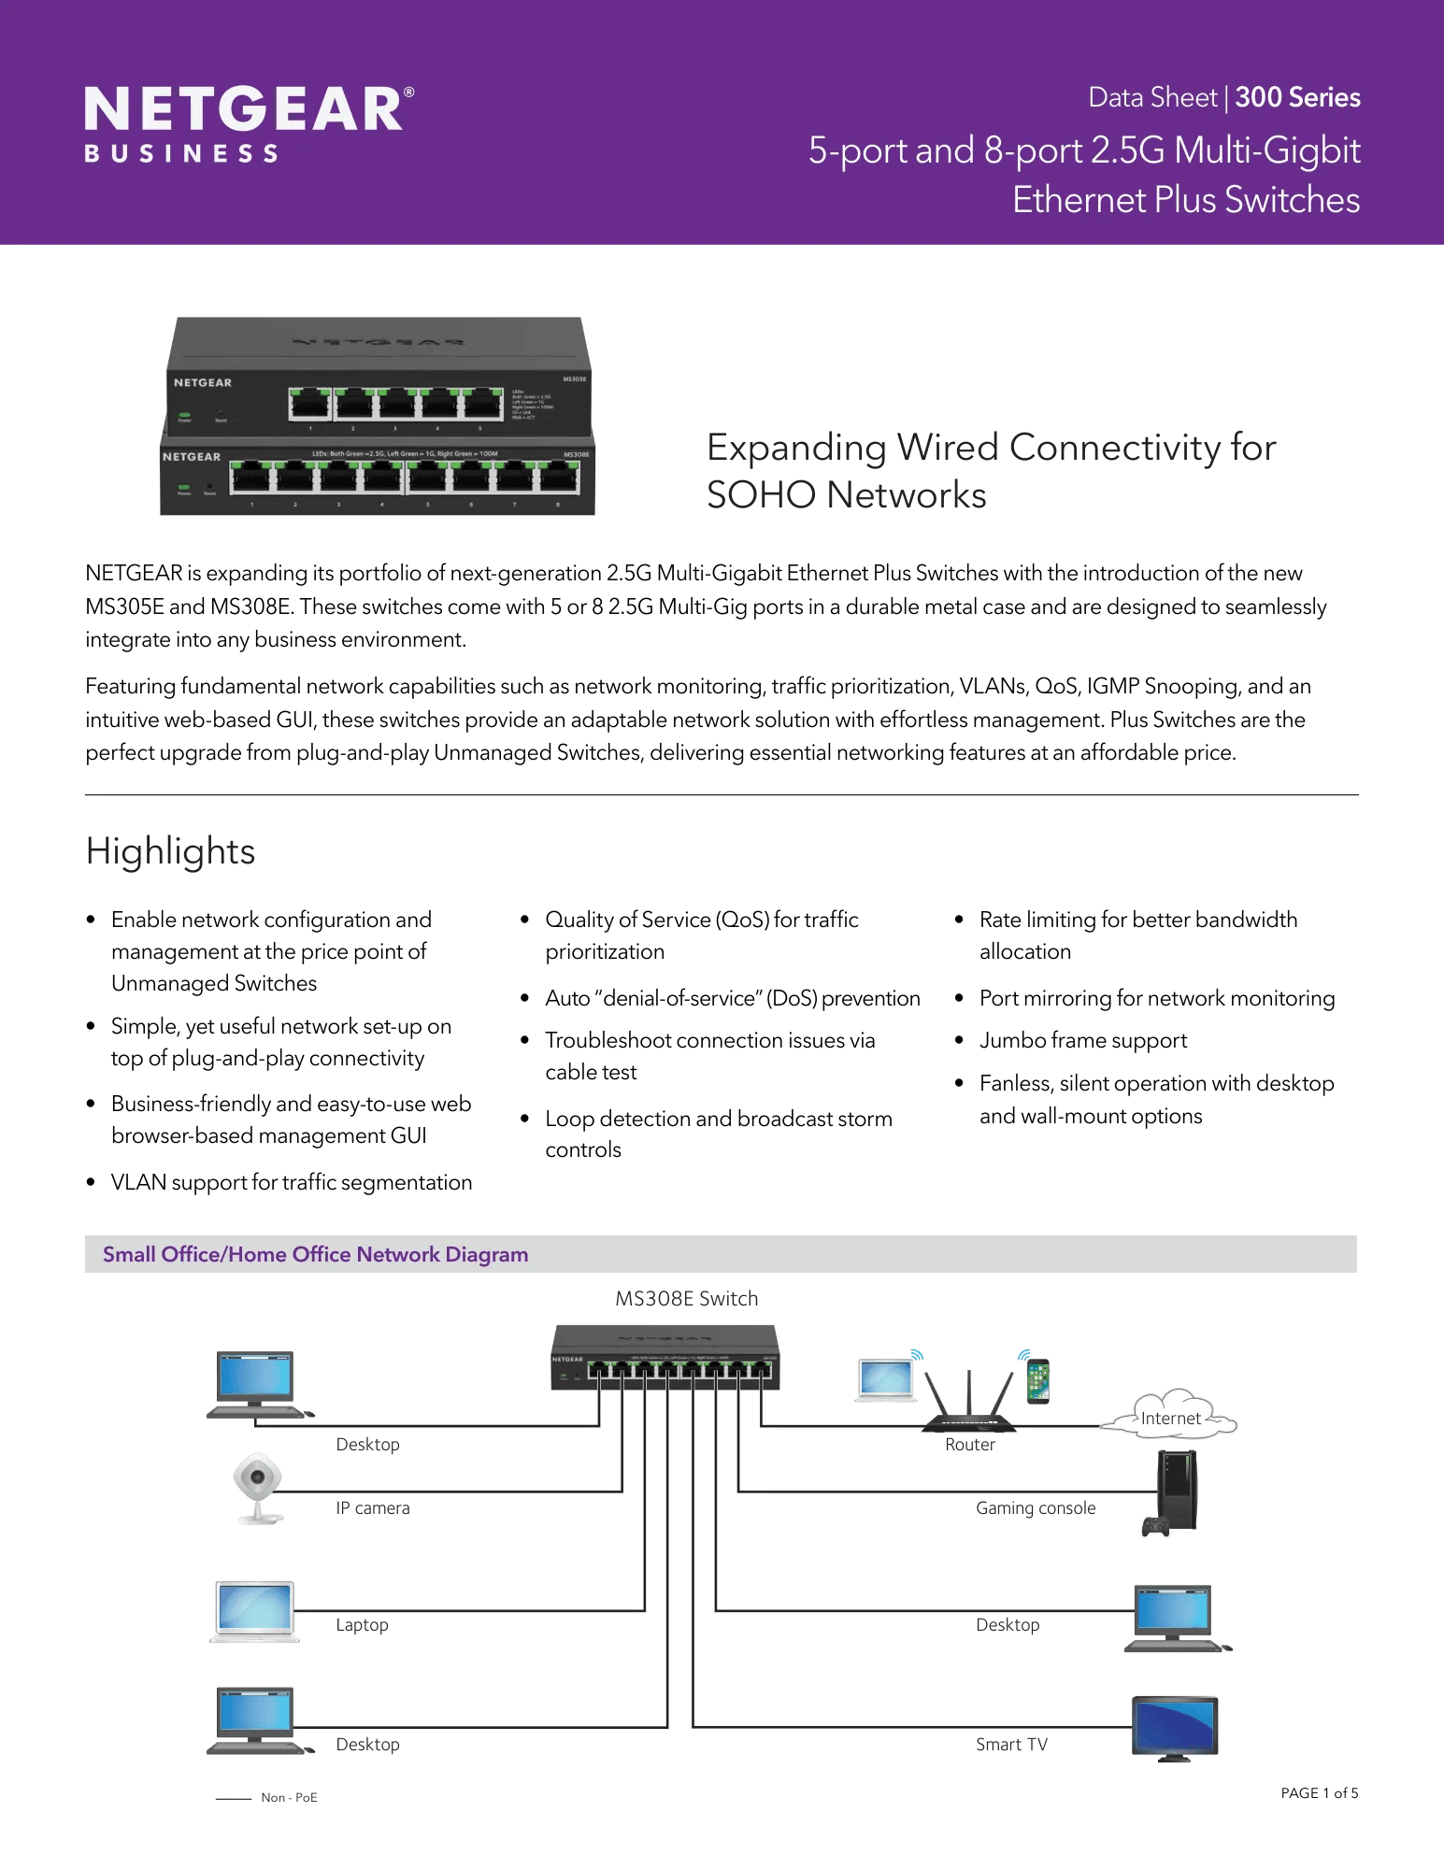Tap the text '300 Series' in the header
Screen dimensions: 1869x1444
1297,97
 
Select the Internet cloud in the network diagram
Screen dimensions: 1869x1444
1170,1418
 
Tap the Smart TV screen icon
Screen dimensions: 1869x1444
1175,1727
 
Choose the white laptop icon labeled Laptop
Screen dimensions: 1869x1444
255,1611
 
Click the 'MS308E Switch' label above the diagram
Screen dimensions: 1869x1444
686,1298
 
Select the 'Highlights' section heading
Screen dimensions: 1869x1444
170,851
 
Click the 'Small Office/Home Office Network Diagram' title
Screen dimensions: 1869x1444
315,1254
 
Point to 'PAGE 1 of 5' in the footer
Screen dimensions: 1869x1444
1319,1792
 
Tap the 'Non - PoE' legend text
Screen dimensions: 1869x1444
289,1797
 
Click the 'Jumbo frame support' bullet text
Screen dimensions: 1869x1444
1083,1040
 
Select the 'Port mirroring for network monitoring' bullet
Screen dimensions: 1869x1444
1156,998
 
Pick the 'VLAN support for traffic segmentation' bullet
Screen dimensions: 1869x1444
291,1182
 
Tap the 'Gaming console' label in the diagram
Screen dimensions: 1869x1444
1036,1507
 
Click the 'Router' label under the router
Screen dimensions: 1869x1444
969,1444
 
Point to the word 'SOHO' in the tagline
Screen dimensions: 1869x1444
761,495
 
